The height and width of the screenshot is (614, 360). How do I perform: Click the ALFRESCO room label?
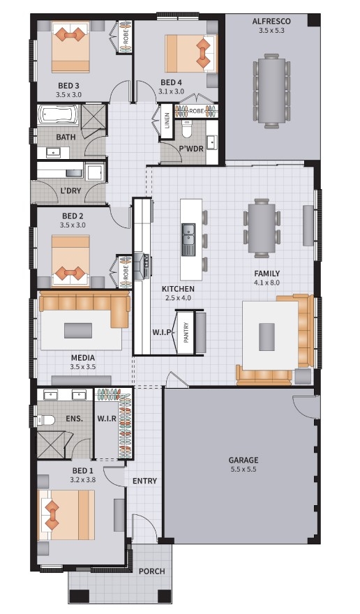click(271, 21)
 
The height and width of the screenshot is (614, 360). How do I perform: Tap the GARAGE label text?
click(243, 460)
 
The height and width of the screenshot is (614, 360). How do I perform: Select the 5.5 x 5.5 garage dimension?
click(243, 469)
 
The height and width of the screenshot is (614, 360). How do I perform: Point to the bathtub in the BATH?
click(58, 114)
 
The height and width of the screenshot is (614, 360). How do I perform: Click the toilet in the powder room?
click(186, 129)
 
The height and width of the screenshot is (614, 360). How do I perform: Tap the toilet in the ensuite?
click(46, 420)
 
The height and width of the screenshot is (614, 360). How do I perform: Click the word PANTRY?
click(186, 332)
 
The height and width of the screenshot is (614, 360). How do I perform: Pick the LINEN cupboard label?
click(167, 121)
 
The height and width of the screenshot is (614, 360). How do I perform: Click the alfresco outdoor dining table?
click(271, 91)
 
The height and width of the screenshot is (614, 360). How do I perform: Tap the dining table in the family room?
click(262, 228)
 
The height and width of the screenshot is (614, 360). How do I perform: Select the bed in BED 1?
click(66, 515)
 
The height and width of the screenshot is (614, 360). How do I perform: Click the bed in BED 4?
click(190, 54)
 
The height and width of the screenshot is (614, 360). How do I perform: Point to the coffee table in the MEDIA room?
click(78, 331)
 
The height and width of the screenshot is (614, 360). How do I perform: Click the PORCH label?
click(151, 571)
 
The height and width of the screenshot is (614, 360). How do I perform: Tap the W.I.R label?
click(107, 419)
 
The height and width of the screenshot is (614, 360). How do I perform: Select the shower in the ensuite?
click(50, 444)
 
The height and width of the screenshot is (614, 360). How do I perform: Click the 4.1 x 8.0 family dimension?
click(267, 283)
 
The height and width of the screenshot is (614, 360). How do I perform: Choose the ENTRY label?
click(144, 481)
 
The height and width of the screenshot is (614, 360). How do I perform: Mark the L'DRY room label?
click(70, 191)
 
